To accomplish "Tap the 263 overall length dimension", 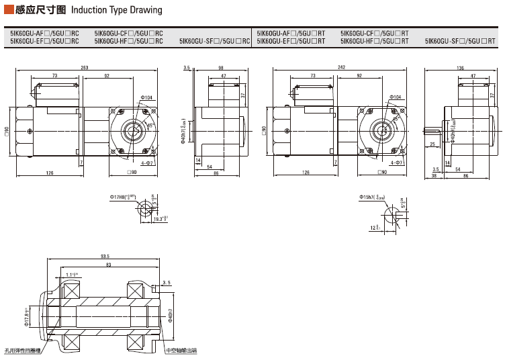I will pyautogui.click(x=85, y=68).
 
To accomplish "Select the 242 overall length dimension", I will pyautogui.click(x=342, y=68).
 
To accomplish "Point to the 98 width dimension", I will pyautogui.click(x=221, y=68).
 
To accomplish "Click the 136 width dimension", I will pyautogui.click(x=460, y=68).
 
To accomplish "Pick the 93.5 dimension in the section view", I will pyautogui.click(x=104, y=257).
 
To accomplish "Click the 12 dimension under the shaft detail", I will pyautogui.click(x=374, y=228).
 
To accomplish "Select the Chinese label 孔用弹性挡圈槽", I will pyautogui.click(x=22, y=351).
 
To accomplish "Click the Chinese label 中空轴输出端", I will pyautogui.click(x=182, y=351).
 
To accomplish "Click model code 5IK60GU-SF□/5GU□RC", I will pyautogui.click(x=215, y=41).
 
